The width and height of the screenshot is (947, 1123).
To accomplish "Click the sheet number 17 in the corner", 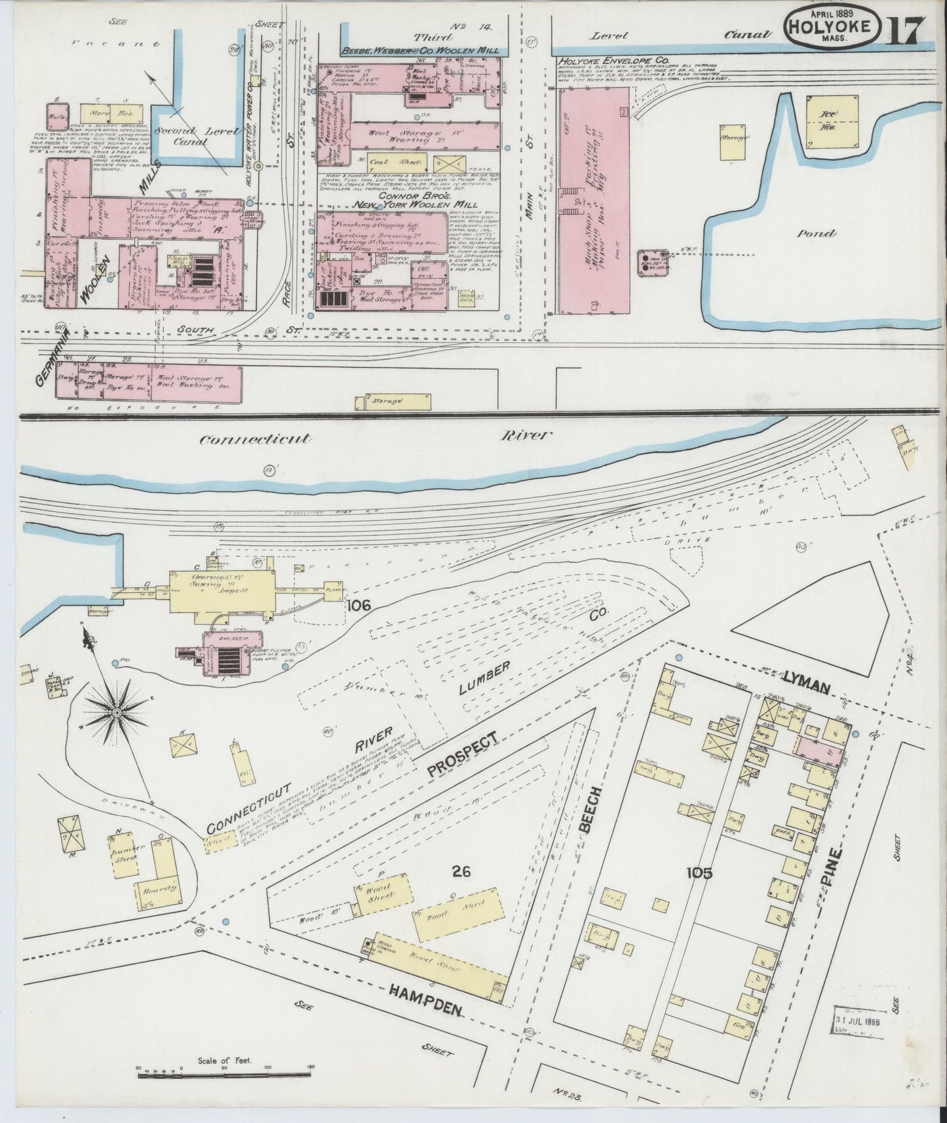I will point(907,30).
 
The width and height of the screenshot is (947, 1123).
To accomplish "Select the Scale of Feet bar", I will point(223,1075).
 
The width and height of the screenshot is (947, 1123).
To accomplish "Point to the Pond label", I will point(817,233).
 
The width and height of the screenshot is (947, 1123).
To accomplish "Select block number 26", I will point(463,871).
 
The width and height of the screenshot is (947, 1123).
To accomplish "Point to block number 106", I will point(360,606).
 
